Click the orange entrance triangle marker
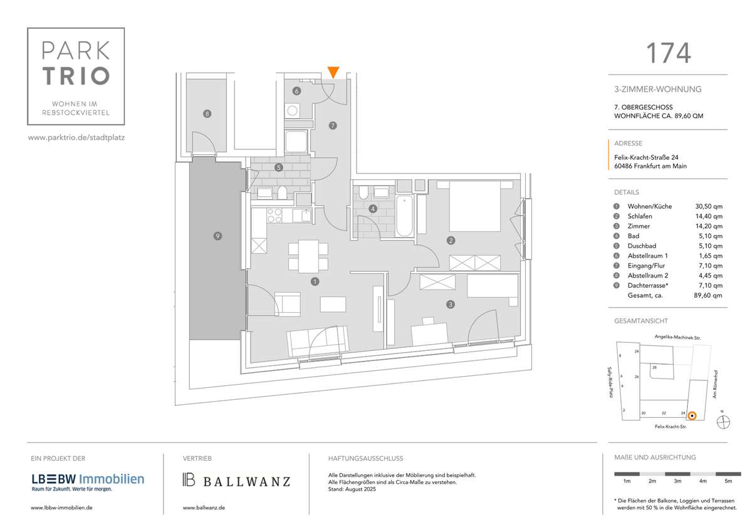333,72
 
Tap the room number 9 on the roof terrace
217,236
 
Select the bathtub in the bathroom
404,216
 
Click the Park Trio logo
75,76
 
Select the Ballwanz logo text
237,481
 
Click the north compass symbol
722,423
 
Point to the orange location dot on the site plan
691,415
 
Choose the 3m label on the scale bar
677,481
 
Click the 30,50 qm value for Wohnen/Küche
709,206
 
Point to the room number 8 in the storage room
207,114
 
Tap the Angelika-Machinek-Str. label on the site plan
677,337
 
